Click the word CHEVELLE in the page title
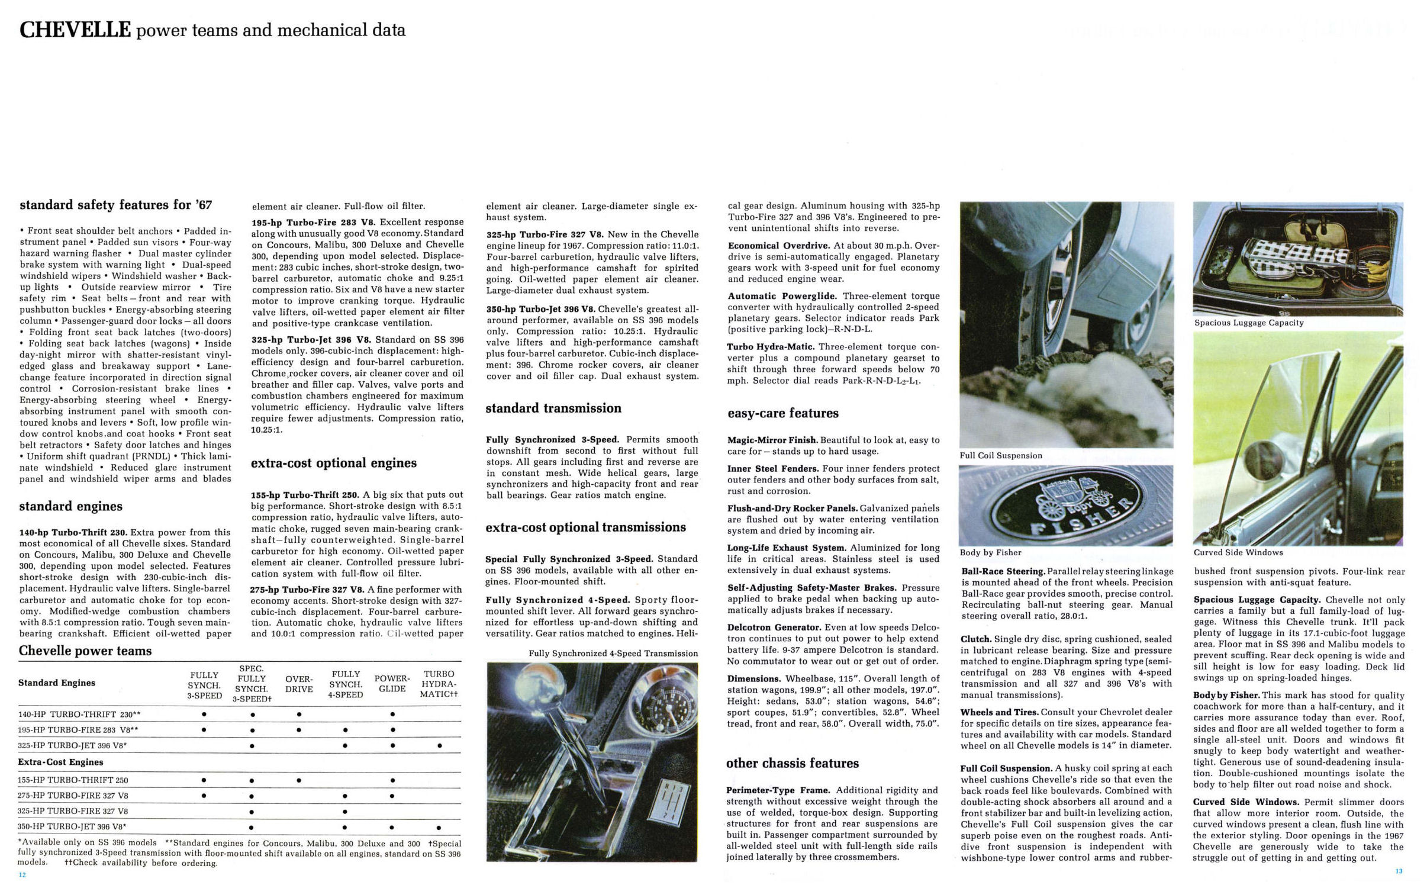[x=75, y=30]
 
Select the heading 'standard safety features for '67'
[x=115, y=205]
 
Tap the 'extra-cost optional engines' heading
[x=334, y=463]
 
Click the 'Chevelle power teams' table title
[x=85, y=651]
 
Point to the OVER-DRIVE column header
[x=299, y=684]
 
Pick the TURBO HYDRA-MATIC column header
[x=439, y=684]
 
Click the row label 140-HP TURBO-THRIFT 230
[x=79, y=715]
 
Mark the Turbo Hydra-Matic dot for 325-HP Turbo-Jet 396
[x=439, y=746]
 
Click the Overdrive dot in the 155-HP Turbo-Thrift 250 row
[x=299, y=780]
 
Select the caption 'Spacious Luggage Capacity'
[x=1249, y=323]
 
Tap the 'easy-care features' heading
[x=783, y=413]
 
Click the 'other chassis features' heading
[x=792, y=763]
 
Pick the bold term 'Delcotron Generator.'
[x=774, y=627]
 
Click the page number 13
[x=1399, y=871]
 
